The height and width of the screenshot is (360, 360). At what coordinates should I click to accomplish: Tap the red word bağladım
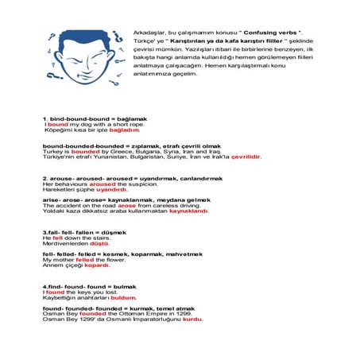[124, 130]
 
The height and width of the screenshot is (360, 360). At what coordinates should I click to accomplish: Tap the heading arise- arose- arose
[126, 200]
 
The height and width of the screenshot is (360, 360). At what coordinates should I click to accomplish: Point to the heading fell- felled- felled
[122, 254]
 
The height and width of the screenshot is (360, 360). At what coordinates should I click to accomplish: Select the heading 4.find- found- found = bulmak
[89, 287]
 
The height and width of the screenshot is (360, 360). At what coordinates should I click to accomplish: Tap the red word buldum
[123, 298]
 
